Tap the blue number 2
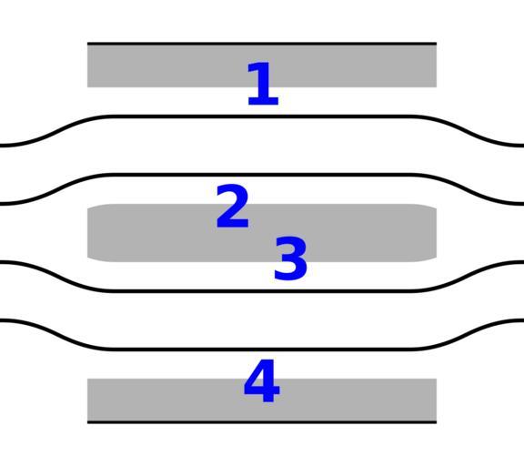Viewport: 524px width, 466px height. click(x=233, y=206)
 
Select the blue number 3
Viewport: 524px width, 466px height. click(x=290, y=258)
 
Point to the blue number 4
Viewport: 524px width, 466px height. click(x=262, y=380)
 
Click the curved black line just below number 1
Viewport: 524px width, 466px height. click(x=262, y=116)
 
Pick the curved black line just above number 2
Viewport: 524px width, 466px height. click(x=262, y=175)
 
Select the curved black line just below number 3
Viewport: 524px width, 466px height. click(x=262, y=291)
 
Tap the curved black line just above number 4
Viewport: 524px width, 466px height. click(x=262, y=349)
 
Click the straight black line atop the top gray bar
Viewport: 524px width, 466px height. click(x=262, y=44)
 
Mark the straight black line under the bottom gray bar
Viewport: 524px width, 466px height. click(x=262, y=422)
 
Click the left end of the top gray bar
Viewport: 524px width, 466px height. click(x=88, y=66)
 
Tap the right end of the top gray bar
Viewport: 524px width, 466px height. click(x=436, y=66)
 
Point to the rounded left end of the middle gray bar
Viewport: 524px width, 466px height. click(x=89, y=233)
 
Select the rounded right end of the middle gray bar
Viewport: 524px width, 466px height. click(x=435, y=233)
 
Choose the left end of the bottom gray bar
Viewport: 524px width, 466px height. click(x=88, y=400)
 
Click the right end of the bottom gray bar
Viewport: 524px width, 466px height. click(x=436, y=400)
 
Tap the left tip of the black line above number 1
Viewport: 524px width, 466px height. click(x=87, y=44)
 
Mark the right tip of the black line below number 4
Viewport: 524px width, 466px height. click(x=437, y=422)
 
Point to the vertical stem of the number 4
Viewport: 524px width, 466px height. click(x=269, y=380)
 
